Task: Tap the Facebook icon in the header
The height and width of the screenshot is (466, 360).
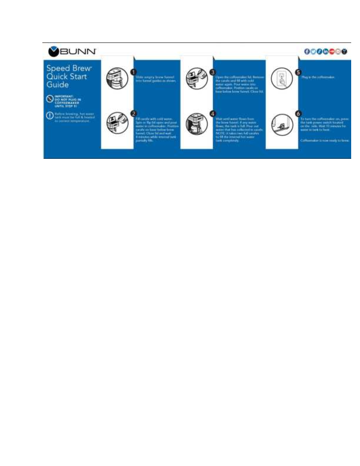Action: coord(307,51)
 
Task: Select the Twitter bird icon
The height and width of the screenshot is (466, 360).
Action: coord(314,51)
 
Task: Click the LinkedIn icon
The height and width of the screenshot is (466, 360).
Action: coord(325,51)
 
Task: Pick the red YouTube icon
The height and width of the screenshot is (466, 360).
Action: coord(332,51)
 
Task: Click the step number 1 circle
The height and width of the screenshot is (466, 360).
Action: coord(133,71)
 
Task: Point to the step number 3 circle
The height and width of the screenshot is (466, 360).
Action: coord(213,71)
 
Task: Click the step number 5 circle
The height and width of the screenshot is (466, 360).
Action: coord(298,71)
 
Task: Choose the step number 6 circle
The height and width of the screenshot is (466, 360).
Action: coord(298,113)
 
